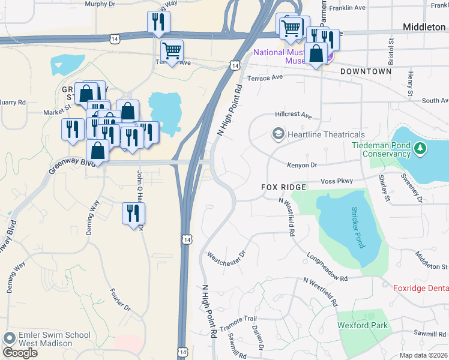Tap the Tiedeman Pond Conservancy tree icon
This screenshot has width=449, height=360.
(421, 148)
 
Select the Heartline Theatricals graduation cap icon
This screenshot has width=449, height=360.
(278, 134)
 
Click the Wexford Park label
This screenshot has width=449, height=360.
(363, 326)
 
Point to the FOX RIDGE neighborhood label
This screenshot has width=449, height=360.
(284, 187)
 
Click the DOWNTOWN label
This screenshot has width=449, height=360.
(366, 71)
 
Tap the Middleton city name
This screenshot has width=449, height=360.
(424, 27)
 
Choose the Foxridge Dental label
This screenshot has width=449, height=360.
(421, 289)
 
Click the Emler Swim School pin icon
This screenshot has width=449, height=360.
(9, 338)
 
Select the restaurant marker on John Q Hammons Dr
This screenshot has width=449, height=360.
(133, 212)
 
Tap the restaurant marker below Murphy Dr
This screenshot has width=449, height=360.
(158, 22)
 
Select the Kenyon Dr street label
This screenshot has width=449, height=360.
(301, 164)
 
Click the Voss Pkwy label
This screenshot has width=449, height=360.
(337, 181)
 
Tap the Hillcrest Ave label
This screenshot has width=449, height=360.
(294, 115)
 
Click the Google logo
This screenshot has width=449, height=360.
(20, 352)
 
